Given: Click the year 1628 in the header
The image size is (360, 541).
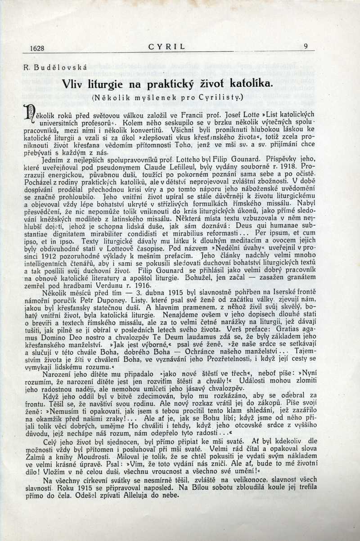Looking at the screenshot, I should point(36,47).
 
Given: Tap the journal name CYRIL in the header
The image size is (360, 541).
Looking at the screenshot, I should point(166,46).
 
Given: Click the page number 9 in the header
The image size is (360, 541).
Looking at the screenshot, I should point(306,46).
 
